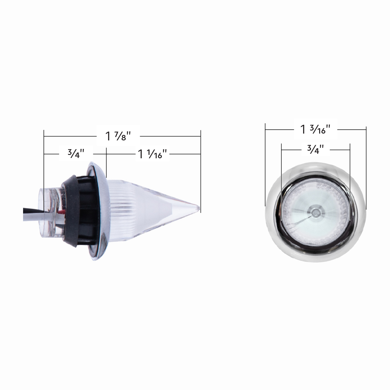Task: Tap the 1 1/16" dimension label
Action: click(x=153, y=154)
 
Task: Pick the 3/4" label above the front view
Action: click(x=315, y=149)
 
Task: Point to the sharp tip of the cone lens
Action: click(x=198, y=207)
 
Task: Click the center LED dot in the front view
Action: click(x=315, y=212)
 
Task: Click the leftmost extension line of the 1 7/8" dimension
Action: click(x=44, y=162)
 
